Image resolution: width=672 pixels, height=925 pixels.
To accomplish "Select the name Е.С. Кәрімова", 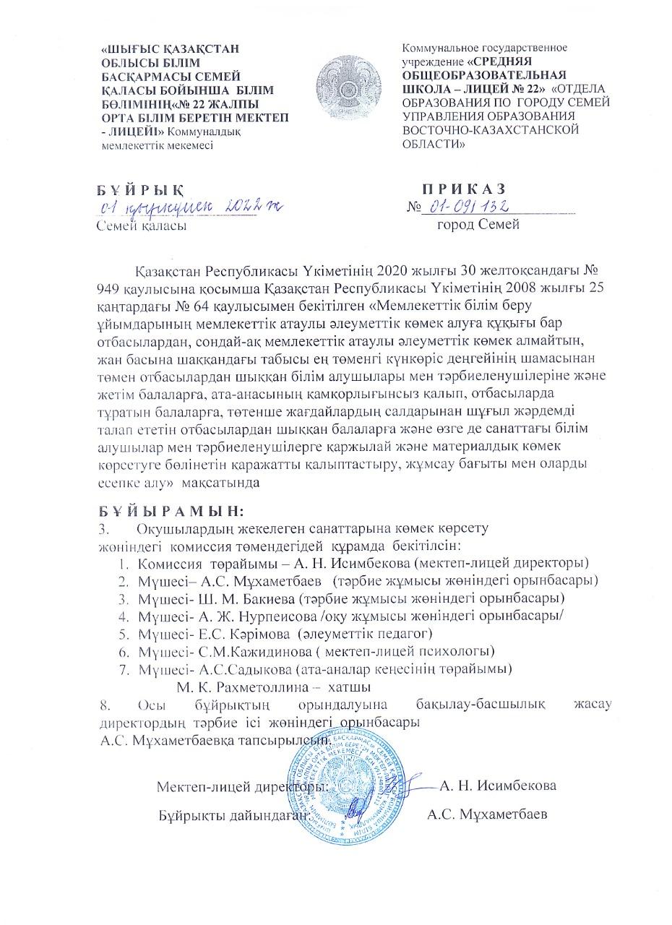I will point(244,634).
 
